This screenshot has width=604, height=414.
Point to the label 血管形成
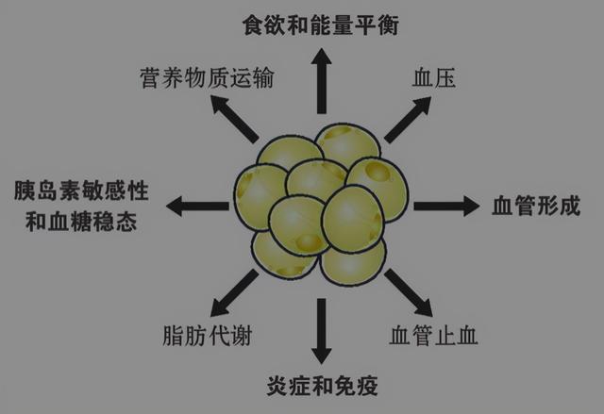click(x=535, y=206)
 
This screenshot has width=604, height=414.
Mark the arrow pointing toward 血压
click(x=405, y=118)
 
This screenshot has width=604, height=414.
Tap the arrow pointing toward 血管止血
click(x=409, y=293)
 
